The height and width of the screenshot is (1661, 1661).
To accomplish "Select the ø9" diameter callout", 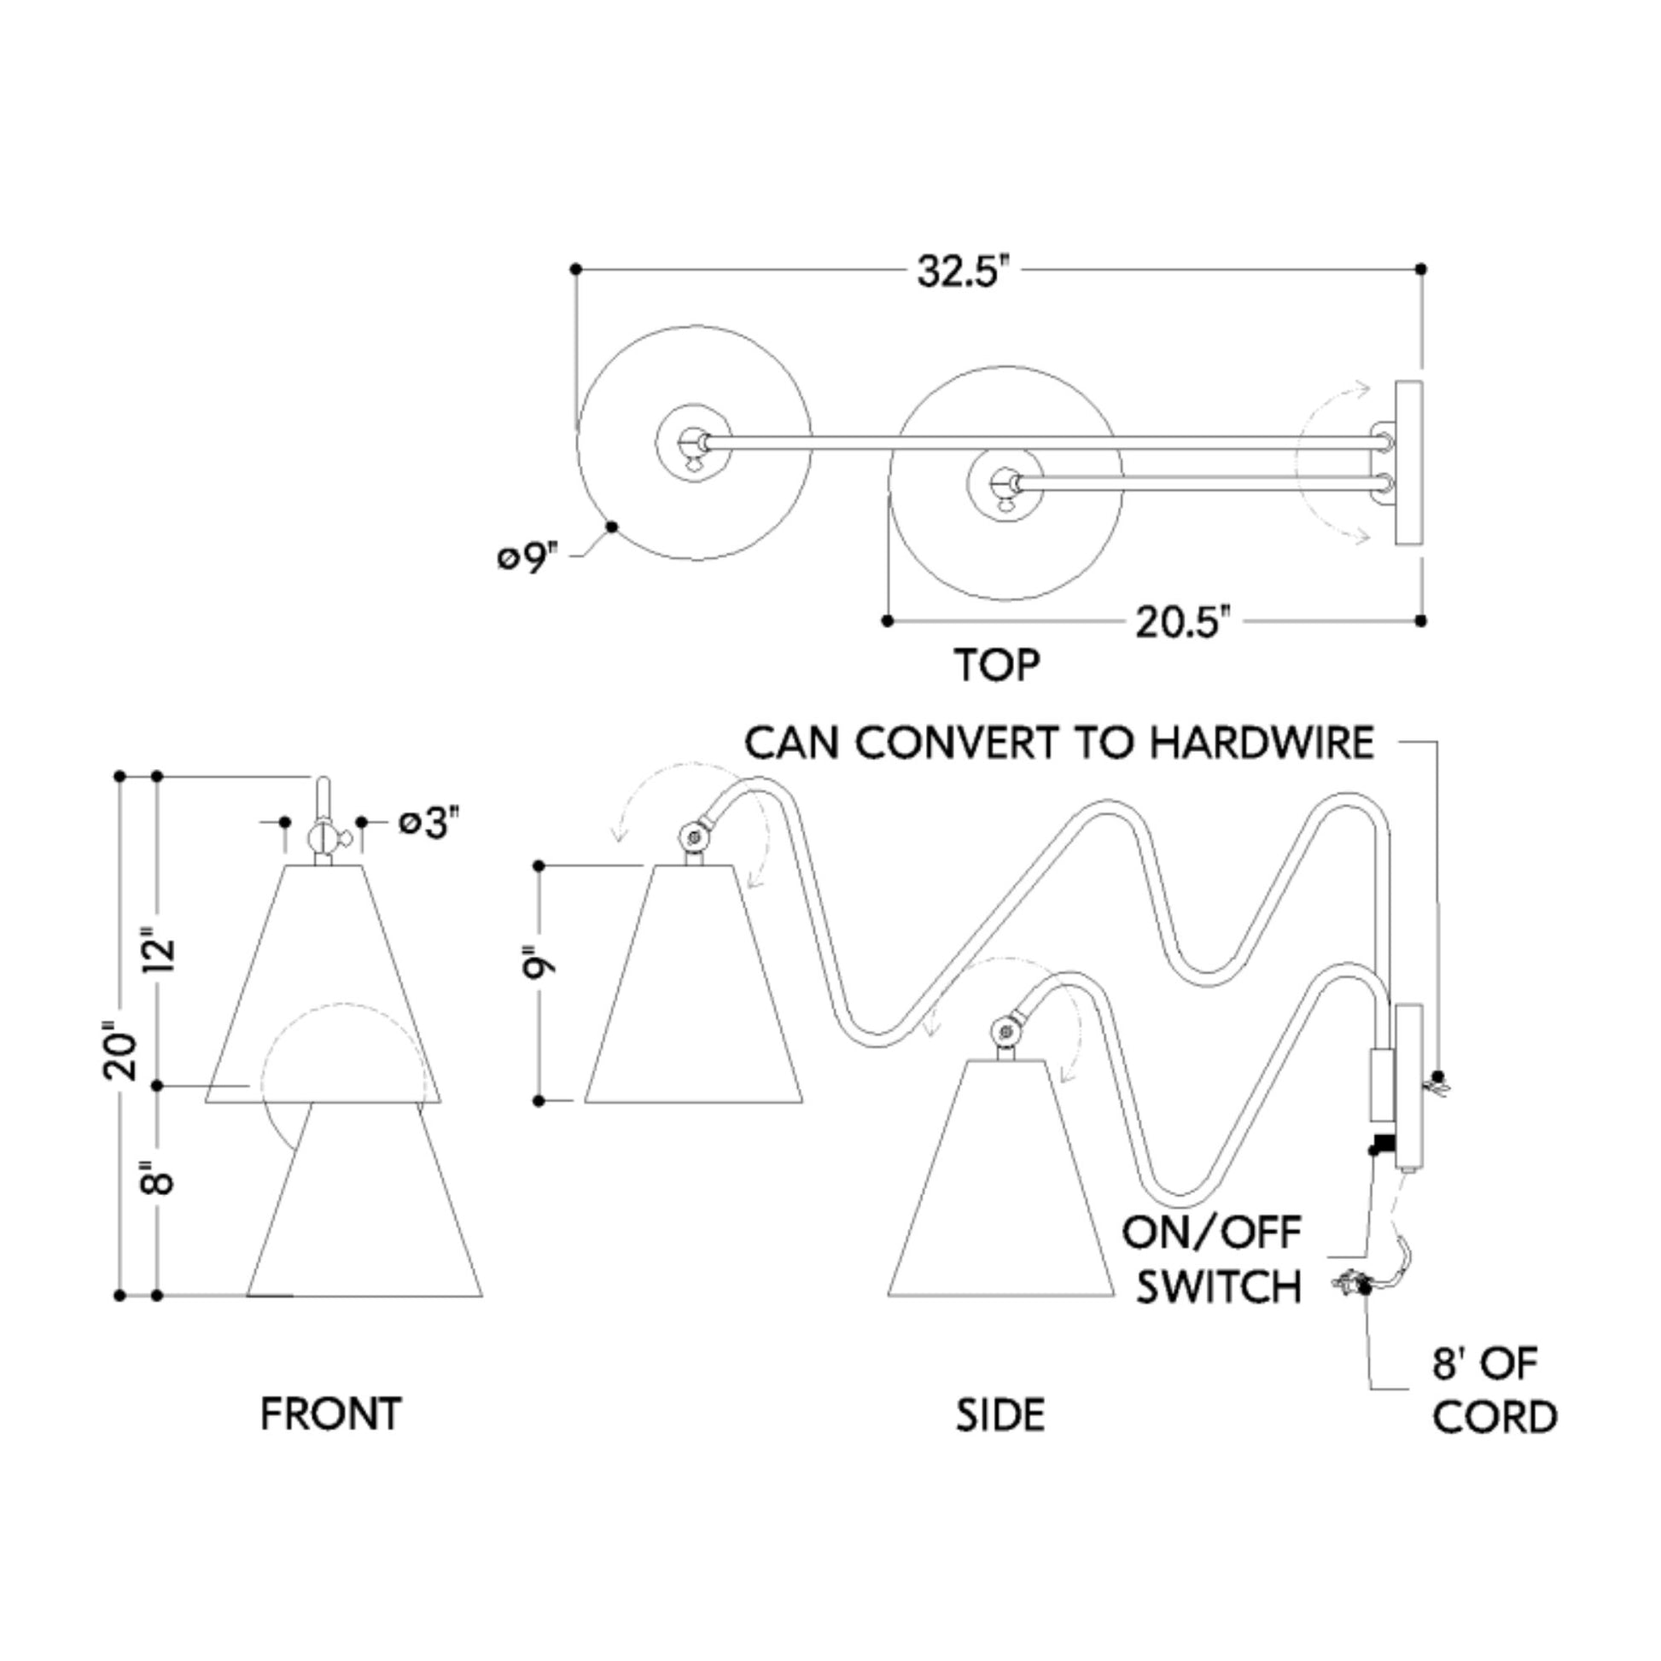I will (527, 559).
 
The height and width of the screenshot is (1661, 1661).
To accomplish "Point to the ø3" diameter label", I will (424, 824).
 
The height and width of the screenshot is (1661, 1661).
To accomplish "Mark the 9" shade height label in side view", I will (541, 963).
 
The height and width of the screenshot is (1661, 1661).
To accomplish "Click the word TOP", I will (997, 665).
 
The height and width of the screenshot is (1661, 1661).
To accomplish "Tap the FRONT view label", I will (331, 1414).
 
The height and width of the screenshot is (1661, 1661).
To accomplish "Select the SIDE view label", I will (1000, 1415).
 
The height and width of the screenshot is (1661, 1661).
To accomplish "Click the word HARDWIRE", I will (1262, 743).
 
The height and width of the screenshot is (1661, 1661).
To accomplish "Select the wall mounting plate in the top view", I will (1408, 463).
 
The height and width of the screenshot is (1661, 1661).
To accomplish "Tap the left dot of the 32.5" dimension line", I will (576, 269).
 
